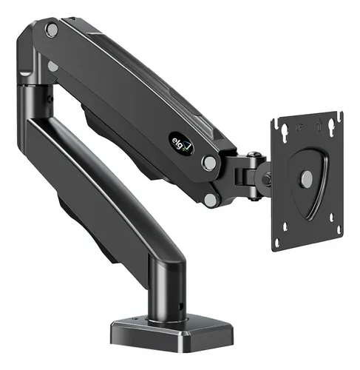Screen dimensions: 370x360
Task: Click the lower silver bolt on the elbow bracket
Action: pos(52,67)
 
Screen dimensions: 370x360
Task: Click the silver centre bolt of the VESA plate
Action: pos(304,178)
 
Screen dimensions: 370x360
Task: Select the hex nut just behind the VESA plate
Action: pos(267,180)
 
